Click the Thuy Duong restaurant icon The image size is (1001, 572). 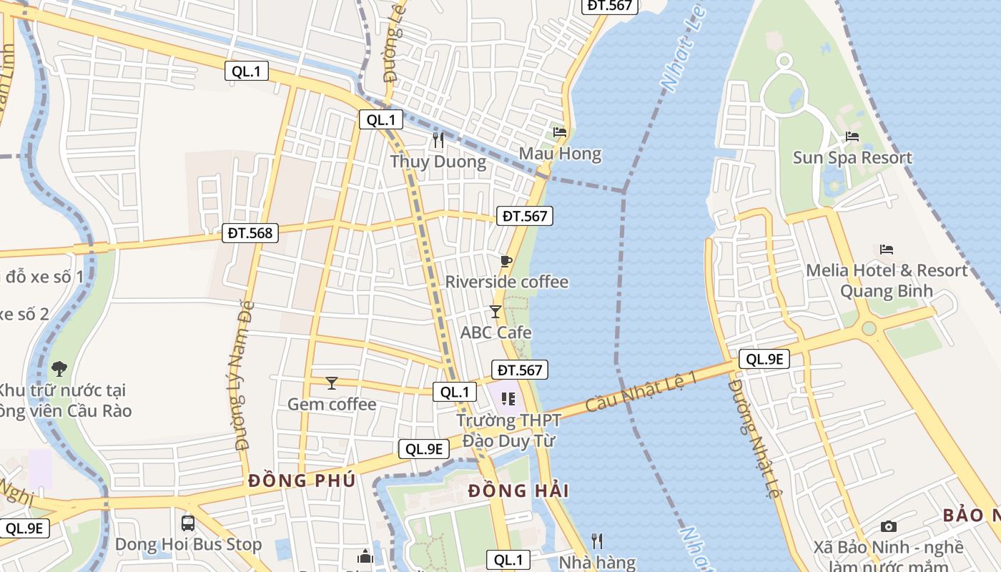[438, 140]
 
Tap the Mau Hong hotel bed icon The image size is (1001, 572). [560, 132]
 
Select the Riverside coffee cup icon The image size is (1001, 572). [506, 261]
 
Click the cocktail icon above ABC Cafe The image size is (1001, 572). [495, 311]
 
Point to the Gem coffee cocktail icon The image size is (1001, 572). [331, 383]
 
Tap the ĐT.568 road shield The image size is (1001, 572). [250, 232]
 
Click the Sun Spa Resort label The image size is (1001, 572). [852, 157]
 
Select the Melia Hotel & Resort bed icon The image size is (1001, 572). [887, 250]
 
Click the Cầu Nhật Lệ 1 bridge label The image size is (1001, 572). [641, 392]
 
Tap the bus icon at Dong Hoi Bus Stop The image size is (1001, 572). [188, 523]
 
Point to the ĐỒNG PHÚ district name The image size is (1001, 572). [302, 480]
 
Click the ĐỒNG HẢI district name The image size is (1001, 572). [519, 490]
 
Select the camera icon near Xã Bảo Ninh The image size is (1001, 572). [888, 527]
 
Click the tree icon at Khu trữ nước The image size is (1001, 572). [59, 369]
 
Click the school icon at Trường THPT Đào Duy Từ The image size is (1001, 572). [508, 398]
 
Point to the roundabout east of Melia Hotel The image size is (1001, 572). [869, 328]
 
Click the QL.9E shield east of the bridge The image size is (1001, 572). [764, 359]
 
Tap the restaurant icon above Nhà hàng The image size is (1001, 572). [597, 541]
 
